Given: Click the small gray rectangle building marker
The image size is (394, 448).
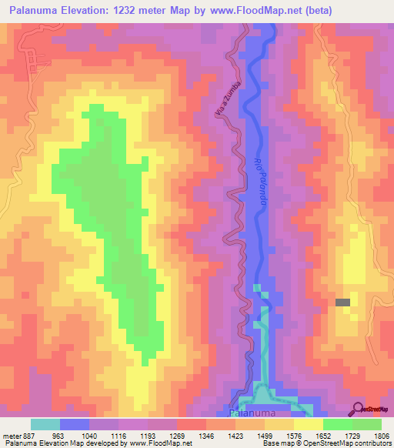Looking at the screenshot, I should (343, 303).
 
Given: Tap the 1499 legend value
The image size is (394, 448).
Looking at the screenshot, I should (263, 435).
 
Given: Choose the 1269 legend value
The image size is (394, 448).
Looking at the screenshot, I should (175, 435).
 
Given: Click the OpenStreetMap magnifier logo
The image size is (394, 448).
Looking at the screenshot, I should (359, 410).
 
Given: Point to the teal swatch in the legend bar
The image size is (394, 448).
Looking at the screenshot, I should (45, 424).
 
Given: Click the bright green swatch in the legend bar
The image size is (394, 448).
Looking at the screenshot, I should (337, 424).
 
